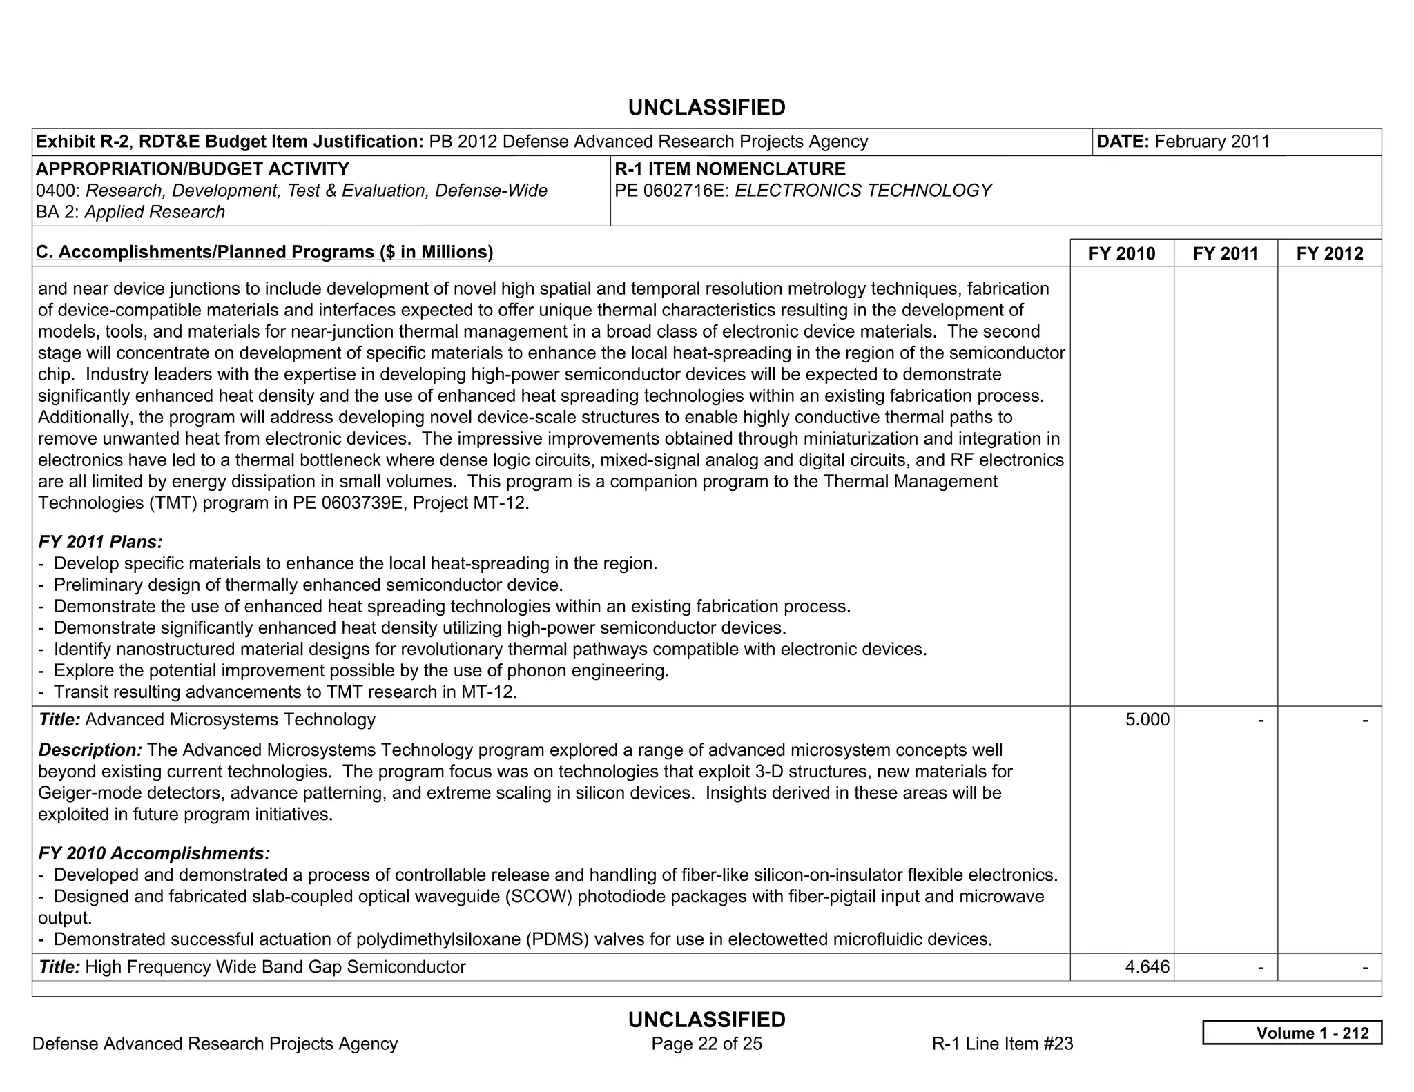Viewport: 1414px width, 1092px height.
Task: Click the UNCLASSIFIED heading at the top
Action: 706,108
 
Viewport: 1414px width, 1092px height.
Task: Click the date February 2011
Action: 1212,142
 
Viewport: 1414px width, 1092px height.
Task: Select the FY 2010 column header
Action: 1121,253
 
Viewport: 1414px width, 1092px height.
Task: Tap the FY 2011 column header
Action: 1225,253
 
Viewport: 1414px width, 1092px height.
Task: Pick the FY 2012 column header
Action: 1329,253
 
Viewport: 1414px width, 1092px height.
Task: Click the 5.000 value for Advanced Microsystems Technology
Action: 1147,720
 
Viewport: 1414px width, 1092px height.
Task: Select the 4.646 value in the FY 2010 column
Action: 1147,967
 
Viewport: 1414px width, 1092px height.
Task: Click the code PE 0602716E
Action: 672,191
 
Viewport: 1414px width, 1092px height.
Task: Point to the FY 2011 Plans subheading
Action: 100,542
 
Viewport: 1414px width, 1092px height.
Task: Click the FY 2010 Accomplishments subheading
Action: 154,853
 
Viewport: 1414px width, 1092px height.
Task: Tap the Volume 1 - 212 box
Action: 1292,1033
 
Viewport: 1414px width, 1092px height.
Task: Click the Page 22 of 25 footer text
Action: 706,1044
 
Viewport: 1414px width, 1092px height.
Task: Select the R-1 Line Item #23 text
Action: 1002,1044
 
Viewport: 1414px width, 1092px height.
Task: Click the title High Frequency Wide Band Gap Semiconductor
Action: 275,967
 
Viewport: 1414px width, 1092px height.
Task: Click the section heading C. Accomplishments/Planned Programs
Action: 264,252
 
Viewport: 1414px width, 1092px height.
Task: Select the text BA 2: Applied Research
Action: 130,212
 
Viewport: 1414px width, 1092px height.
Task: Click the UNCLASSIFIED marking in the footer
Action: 706,1020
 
